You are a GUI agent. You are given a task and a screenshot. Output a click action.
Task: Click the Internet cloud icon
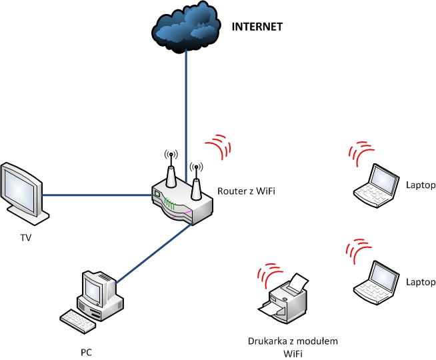(186, 28)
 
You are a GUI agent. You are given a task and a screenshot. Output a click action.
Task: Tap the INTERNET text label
(257, 27)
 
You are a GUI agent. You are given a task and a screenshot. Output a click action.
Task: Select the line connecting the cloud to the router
(187, 100)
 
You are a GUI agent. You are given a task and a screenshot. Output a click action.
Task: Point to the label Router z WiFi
(247, 191)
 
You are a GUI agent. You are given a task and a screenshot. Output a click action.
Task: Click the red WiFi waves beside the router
(219, 145)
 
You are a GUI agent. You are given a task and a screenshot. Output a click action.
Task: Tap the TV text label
(26, 237)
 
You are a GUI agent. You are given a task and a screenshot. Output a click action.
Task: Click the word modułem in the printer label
(315, 341)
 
